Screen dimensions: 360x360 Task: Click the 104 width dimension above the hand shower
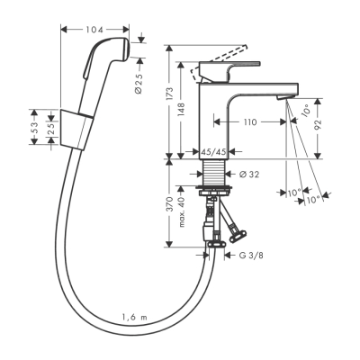tap(95, 31)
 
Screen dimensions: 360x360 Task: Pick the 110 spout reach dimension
tap(249, 120)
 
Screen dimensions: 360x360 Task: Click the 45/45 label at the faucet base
tap(213, 152)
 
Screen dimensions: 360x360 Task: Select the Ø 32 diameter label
tap(248, 174)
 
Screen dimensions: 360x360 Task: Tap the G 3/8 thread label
tap(250, 256)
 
